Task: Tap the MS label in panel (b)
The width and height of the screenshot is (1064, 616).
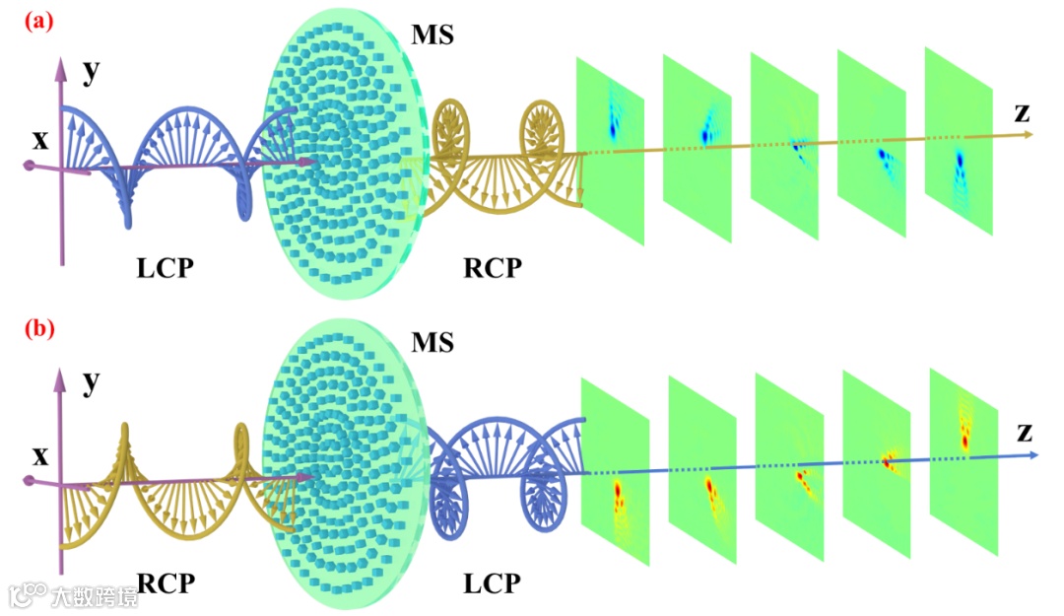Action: pyautogui.click(x=433, y=342)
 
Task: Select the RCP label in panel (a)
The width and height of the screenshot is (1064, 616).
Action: pyautogui.click(x=492, y=267)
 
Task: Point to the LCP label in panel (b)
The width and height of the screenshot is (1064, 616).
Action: pyautogui.click(x=492, y=583)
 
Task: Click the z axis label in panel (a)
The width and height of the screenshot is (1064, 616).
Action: pyautogui.click(x=1023, y=111)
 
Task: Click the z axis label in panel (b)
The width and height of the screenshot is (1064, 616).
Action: pyautogui.click(x=1025, y=431)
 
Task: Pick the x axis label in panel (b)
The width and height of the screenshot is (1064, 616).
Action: pyautogui.click(x=39, y=456)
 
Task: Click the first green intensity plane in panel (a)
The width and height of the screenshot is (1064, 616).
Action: pyautogui.click(x=611, y=148)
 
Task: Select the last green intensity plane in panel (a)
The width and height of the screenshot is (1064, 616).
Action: pyautogui.click(x=959, y=148)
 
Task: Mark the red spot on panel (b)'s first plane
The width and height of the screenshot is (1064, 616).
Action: pyautogui.click(x=618, y=490)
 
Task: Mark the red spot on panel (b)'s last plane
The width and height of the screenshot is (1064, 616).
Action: pyautogui.click(x=964, y=439)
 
